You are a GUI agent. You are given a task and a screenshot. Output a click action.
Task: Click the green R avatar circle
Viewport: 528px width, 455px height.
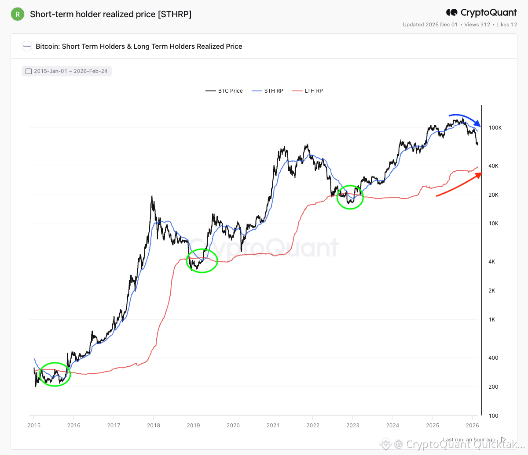[18, 14]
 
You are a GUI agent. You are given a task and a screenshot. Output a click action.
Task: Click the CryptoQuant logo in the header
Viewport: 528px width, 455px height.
[481, 13]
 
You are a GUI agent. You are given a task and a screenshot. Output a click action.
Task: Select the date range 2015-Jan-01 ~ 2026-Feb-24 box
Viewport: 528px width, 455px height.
[66, 71]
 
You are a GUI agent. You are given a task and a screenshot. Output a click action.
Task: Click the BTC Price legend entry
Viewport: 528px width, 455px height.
[224, 91]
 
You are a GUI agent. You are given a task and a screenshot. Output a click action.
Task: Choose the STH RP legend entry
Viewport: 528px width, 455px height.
[268, 91]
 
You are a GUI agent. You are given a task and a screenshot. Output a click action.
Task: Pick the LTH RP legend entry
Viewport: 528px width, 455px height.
[308, 91]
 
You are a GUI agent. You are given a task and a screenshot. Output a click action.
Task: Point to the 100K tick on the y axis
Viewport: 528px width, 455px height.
[495, 128]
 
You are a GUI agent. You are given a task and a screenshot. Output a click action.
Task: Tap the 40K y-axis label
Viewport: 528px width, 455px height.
[493, 166]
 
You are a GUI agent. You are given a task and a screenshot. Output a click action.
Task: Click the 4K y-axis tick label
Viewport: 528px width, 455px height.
[492, 262]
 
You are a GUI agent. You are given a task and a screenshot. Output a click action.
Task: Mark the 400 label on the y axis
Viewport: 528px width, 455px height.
[493, 358]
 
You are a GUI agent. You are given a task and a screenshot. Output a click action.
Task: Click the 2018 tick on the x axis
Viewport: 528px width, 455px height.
[154, 425]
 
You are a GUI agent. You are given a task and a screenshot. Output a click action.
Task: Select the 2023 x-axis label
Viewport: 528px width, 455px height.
[353, 425]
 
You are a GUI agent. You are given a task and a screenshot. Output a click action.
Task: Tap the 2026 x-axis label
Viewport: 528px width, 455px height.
[472, 425]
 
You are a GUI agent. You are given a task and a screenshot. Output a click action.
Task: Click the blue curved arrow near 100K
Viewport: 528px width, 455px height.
[466, 119]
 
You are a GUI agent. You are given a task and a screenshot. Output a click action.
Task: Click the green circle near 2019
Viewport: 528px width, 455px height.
[202, 260]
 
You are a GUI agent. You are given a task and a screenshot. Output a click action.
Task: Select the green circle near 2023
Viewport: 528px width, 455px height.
[350, 197]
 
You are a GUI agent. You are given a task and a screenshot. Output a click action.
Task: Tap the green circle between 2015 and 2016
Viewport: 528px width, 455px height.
[55, 375]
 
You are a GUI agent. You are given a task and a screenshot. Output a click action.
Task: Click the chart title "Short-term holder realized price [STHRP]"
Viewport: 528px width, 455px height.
[111, 14]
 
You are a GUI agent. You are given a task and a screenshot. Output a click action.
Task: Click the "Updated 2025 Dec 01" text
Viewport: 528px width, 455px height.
[430, 25]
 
